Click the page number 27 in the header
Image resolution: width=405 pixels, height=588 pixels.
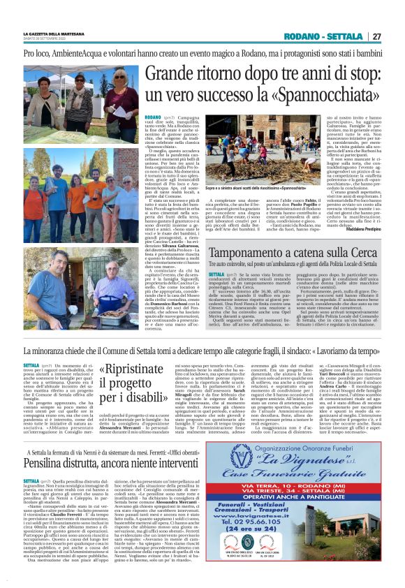(376, 36)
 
